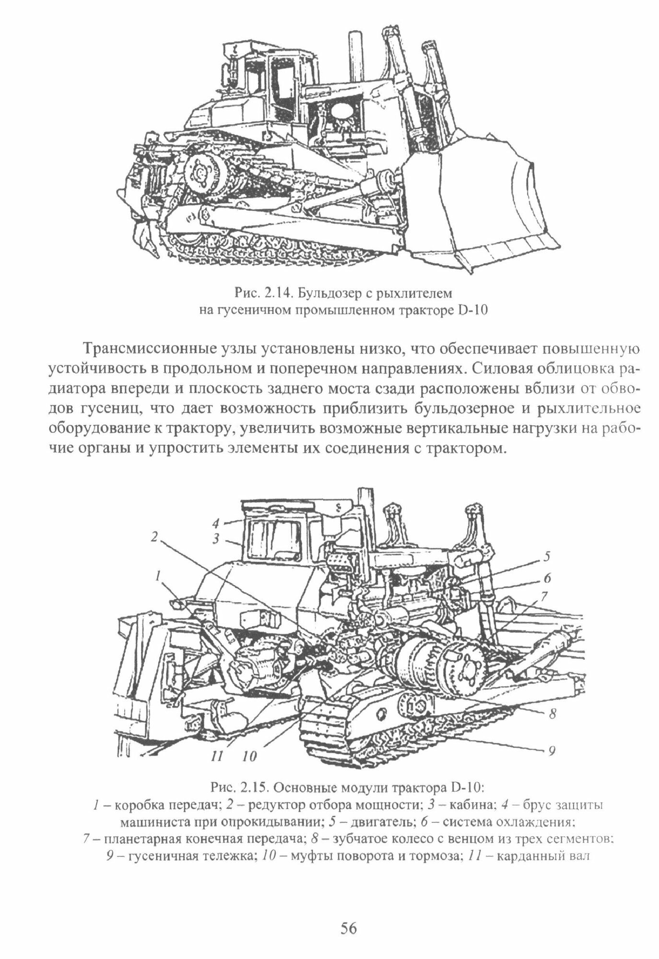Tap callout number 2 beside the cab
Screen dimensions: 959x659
(154, 537)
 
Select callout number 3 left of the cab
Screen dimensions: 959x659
(216, 538)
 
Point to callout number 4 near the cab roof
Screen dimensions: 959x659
(216, 522)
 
